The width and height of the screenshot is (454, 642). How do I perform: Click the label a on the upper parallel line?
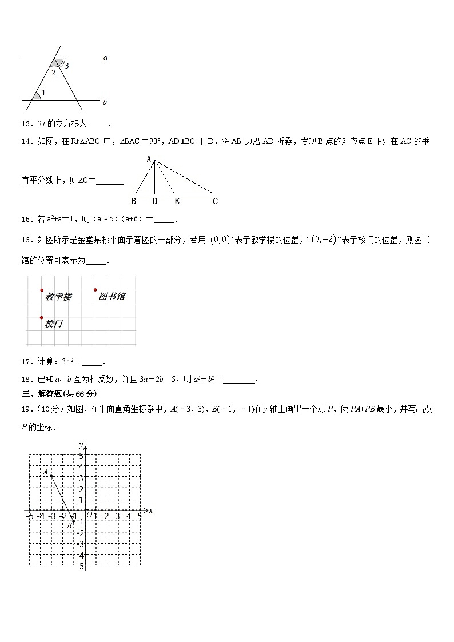105,58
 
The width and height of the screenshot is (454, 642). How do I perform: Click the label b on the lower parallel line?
105,102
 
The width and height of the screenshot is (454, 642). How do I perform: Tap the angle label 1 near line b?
43,93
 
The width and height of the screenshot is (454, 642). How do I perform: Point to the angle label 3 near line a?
67,66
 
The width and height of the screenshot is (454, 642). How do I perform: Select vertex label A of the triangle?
149,159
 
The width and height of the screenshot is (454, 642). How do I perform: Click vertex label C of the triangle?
215,201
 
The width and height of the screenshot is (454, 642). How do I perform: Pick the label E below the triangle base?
177,201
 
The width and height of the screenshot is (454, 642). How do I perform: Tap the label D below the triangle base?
155,201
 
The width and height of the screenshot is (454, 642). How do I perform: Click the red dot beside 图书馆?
95,290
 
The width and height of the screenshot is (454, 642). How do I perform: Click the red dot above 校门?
42,317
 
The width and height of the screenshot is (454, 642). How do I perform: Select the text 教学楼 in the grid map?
58,297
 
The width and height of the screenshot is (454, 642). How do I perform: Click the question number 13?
26,123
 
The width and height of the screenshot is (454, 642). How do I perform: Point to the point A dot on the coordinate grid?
51,476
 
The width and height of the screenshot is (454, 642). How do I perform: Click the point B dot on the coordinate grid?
73,521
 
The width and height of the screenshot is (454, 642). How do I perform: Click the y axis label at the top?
82,445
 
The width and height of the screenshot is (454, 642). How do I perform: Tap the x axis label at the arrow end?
150,511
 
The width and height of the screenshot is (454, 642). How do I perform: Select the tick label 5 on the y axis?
81,456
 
